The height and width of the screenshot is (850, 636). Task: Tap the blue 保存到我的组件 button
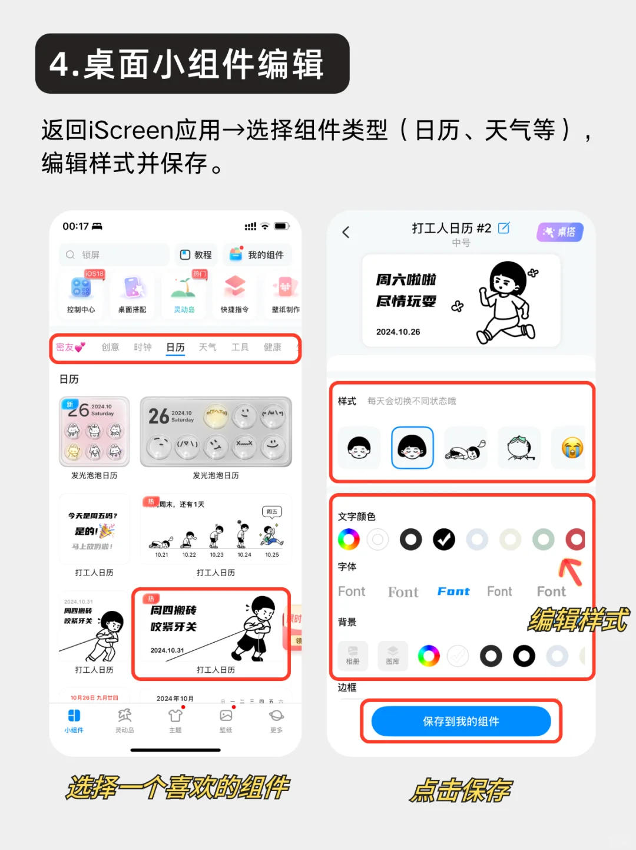point(461,722)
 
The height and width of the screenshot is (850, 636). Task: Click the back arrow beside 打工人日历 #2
point(346,233)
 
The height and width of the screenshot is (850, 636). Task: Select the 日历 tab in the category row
point(175,348)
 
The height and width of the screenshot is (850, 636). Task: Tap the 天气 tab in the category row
point(207,348)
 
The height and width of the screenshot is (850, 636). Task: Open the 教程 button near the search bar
point(196,255)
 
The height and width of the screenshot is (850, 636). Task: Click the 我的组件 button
point(257,255)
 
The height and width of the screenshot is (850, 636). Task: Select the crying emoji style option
point(572,448)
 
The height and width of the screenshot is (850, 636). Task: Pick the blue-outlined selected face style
point(412,448)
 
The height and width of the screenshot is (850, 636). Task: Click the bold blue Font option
point(453,591)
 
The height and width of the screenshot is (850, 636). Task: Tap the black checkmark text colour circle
point(444,539)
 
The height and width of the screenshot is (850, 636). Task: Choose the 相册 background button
point(353,656)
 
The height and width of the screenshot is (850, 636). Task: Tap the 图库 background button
point(393,656)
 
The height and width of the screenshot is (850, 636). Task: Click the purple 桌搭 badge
point(559,232)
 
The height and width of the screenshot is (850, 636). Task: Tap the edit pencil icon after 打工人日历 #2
point(504,228)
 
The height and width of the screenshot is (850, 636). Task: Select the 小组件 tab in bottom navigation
point(74,720)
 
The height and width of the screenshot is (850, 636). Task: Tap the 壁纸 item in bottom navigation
point(226,720)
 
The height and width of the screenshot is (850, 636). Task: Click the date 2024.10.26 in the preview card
point(398,332)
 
